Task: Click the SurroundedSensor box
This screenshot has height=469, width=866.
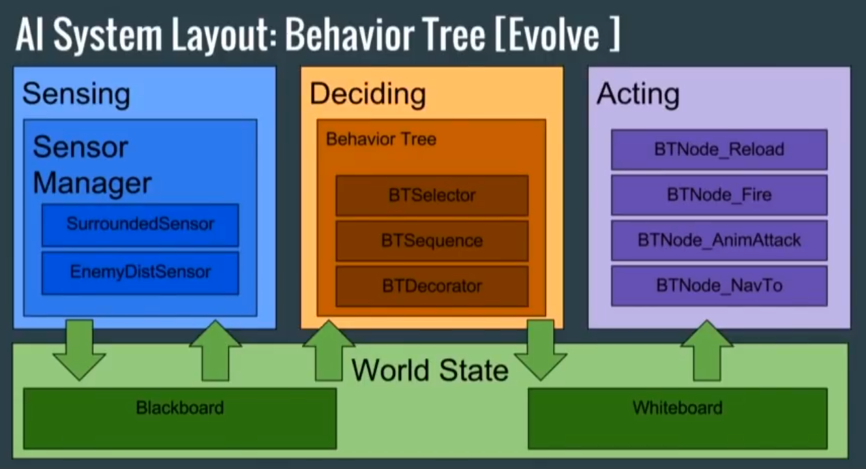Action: [140, 224]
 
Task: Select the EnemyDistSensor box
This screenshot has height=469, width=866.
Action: [140, 272]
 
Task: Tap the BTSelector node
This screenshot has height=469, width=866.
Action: [432, 195]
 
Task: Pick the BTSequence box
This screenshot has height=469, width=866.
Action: [432, 241]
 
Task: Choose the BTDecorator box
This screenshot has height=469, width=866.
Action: [432, 286]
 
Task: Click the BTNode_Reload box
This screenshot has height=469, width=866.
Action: [719, 149]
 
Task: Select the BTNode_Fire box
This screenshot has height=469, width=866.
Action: [719, 194]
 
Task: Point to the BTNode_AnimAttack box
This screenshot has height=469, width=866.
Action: [719, 240]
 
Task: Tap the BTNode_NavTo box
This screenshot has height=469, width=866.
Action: [719, 286]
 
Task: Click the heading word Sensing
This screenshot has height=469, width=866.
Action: [76, 95]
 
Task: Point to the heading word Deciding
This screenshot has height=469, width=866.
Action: [368, 95]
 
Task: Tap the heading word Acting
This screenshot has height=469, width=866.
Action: [637, 95]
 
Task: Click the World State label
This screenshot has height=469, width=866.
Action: [430, 371]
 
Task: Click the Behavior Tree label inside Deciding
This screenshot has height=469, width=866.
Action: [381, 139]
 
